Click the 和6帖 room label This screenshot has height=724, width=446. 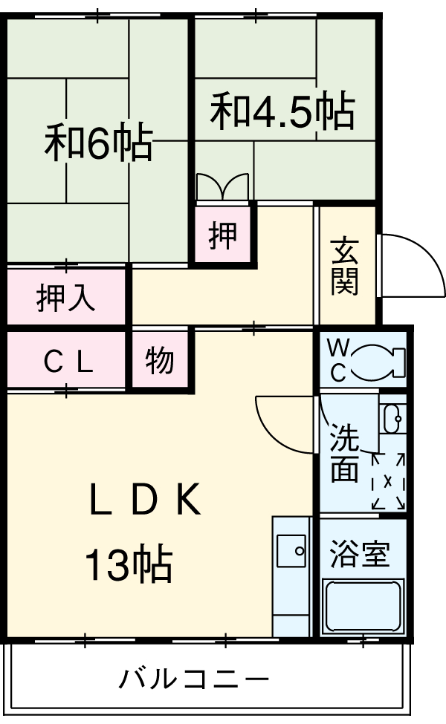click(x=98, y=143)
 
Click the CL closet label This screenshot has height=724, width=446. click(x=67, y=362)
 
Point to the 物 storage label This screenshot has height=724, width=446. click(x=160, y=362)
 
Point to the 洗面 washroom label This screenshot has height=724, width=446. click(x=345, y=454)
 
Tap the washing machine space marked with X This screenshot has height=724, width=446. click(x=389, y=482)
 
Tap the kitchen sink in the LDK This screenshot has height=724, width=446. click(x=291, y=551)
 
